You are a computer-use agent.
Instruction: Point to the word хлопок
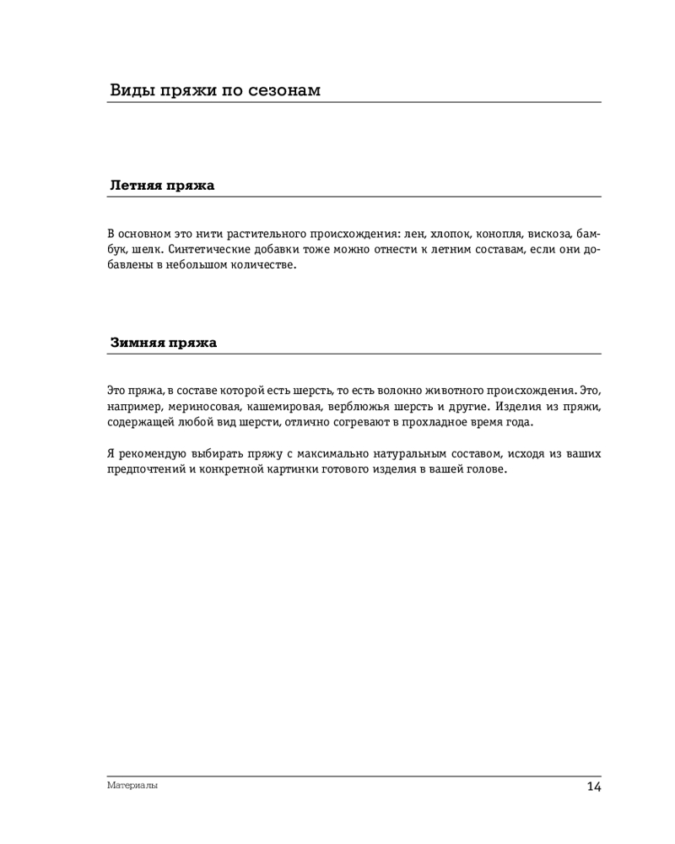click(x=450, y=233)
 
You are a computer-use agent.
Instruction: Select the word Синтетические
click(x=208, y=249)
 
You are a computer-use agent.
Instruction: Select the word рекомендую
click(x=149, y=454)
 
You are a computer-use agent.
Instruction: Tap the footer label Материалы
click(x=132, y=785)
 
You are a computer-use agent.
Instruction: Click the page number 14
click(x=593, y=787)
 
